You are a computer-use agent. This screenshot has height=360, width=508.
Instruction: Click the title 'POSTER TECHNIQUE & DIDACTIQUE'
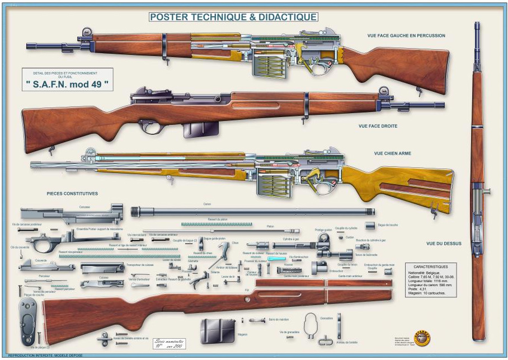[x=233, y=17]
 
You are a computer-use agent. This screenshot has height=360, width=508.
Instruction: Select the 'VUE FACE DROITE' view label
[x=378, y=126]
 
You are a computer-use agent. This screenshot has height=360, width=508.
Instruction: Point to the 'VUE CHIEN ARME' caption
[x=393, y=153]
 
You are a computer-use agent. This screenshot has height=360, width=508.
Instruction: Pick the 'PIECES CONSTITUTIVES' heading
[x=72, y=194]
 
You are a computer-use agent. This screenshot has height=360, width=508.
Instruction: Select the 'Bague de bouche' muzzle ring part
[x=370, y=225]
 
